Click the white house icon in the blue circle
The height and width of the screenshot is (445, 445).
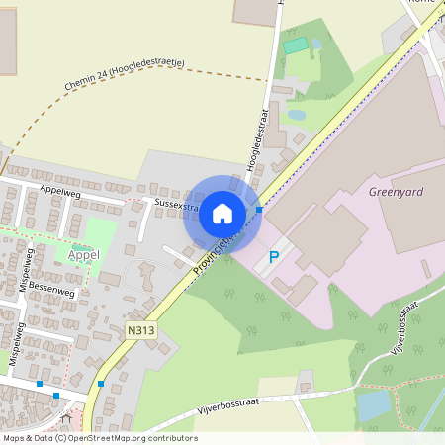point(222,214)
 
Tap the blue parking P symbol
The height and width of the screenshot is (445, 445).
point(274,257)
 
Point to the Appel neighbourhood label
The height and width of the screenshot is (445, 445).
point(84,255)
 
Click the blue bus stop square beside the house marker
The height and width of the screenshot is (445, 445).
point(259,210)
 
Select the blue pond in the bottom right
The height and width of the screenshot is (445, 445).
point(374,405)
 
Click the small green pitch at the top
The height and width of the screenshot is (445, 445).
point(295,45)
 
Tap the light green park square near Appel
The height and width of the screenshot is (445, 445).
point(100,233)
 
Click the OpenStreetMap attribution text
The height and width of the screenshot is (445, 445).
point(99,438)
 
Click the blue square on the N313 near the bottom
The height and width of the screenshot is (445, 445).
point(101,384)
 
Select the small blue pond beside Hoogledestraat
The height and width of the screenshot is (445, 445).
point(295,115)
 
